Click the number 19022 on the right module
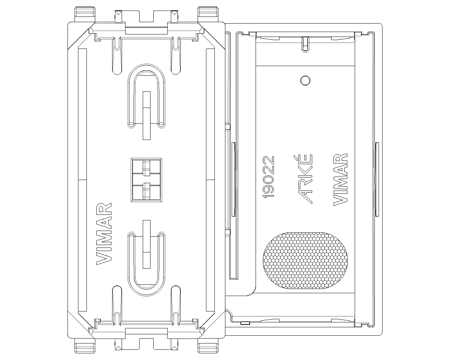pyautogui.click(x=268, y=177)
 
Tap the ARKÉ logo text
pyautogui.click(x=305, y=179)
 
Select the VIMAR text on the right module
pyautogui.click(x=340, y=180)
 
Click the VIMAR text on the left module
pyautogui.click(x=104, y=234)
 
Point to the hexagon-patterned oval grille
pyautogui.click(x=305, y=261)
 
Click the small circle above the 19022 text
pyautogui.click(x=305, y=81)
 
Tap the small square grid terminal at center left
pyautogui.click(x=146, y=180)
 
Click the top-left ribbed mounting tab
pyautogui.click(x=85, y=12)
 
